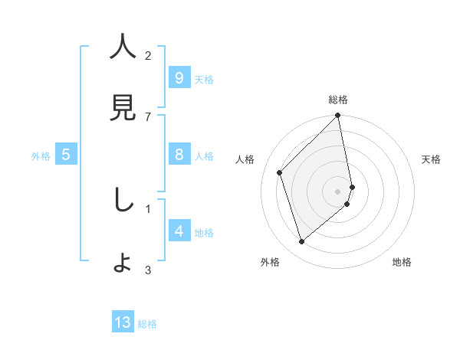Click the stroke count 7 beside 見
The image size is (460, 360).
pos(148,116)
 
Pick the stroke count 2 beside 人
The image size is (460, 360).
pos(148,55)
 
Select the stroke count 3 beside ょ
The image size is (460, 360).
pos(148,270)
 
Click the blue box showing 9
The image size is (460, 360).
pos(179,78)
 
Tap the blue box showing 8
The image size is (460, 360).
pos(179,155)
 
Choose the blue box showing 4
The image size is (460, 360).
pos(179,231)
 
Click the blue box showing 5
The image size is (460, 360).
pos(66,155)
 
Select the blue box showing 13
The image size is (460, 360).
pos(123,322)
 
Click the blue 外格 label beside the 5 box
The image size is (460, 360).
pos(41,156)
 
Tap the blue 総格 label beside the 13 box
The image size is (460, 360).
pos(147,324)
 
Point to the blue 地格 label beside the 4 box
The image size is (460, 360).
pos(204,233)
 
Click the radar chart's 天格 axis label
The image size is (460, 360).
pos(431,159)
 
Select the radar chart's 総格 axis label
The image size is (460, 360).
pos(338,100)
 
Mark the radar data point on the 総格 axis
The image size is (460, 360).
pos(338,116)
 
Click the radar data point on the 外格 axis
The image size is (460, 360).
pos(302,242)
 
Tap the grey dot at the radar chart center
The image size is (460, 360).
pos(338,191)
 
